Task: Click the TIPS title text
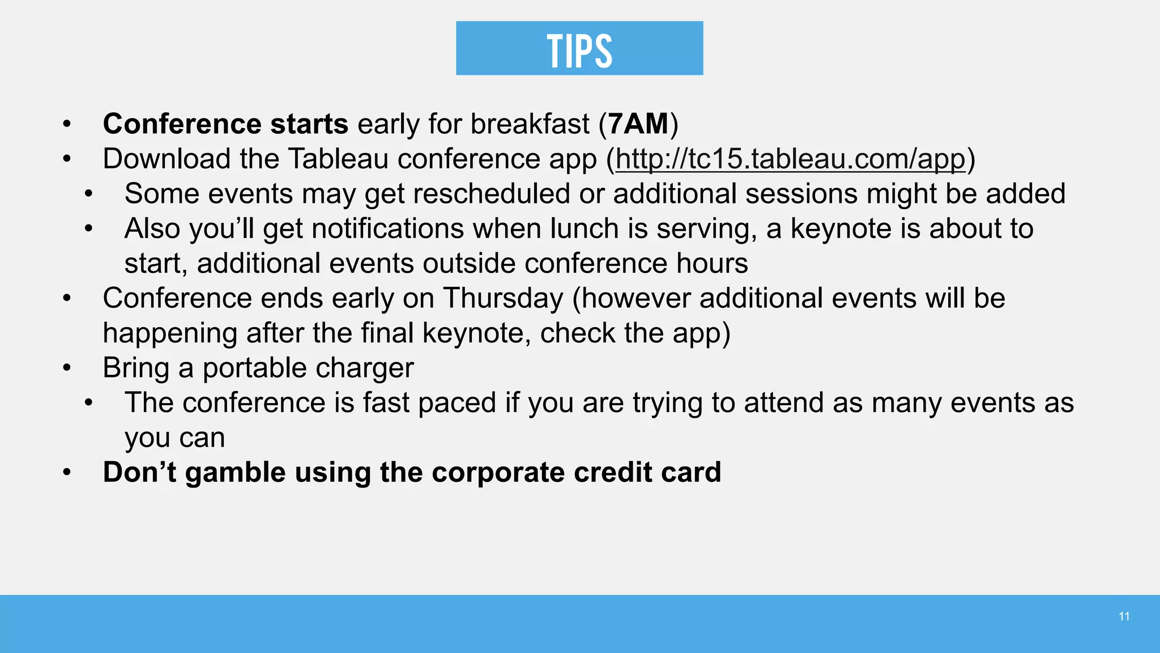579,50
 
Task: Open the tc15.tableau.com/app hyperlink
790,159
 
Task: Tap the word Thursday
503,299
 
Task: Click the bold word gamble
235,473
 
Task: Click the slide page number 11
1124,617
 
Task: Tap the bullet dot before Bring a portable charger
67,368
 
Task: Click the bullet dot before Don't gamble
67,473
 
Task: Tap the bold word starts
309,124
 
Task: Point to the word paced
457,403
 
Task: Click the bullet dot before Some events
89,194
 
